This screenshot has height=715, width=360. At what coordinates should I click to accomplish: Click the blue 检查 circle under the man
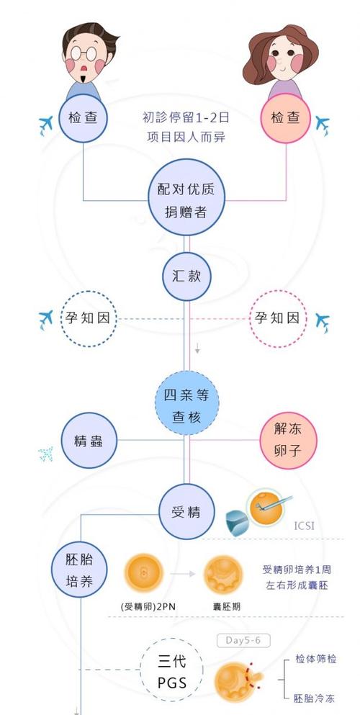(84, 117)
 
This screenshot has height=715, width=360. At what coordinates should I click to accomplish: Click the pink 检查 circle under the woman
(285, 117)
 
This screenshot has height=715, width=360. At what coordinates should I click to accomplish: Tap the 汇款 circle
(186, 277)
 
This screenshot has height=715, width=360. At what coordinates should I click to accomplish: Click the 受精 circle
(186, 513)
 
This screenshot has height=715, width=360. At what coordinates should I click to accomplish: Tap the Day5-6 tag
(238, 639)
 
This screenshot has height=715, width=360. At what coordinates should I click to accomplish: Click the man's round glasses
(85, 55)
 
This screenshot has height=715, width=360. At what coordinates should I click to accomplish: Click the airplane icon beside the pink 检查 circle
(322, 125)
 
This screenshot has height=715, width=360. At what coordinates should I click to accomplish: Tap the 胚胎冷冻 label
(315, 698)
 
